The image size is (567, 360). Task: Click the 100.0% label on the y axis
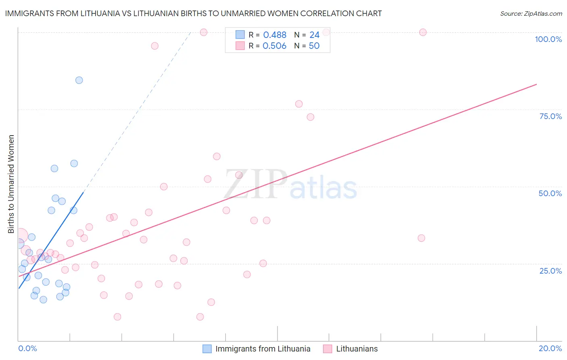point(548,39)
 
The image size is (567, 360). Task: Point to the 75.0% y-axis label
point(550,116)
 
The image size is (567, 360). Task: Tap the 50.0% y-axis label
point(550,193)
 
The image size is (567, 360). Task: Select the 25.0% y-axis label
point(550,270)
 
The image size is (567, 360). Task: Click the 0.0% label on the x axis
point(27,348)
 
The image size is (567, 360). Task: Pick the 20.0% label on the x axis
point(550,348)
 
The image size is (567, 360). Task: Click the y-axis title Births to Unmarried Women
point(11,184)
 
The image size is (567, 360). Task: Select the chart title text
point(193,13)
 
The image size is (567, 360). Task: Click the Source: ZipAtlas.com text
point(531,13)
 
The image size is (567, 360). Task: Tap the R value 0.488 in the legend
point(275,35)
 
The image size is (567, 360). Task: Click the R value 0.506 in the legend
point(275,46)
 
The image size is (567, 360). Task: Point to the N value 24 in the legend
point(314,35)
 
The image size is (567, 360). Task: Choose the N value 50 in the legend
point(314,46)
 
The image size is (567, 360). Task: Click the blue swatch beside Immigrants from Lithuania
point(207,349)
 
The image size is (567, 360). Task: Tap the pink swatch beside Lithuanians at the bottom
point(327,349)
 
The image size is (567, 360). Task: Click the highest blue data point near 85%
point(79,80)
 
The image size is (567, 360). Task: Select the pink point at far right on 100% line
point(423,32)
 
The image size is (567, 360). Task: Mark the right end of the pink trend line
point(536,84)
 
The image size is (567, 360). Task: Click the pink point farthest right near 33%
point(421,238)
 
